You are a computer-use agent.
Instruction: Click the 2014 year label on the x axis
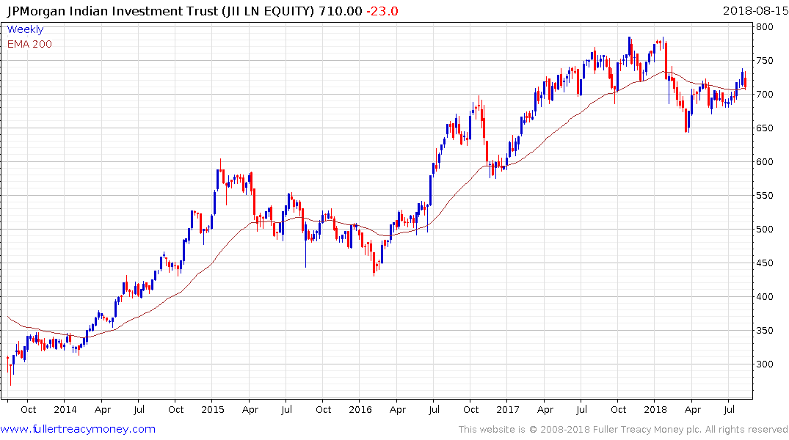click(x=65, y=409)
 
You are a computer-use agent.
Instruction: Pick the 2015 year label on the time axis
click(x=213, y=409)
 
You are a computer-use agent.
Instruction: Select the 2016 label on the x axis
click(x=360, y=409)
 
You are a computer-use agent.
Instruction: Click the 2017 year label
click(x=508, y=409)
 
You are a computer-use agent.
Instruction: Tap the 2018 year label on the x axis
click(x=655, y=409)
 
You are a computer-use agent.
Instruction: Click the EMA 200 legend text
click(x=29, y=44)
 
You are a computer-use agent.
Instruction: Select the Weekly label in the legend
click(x=25, y=30)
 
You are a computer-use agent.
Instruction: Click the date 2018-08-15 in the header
click(x=755, y=11)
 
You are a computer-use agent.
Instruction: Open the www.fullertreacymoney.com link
click(x=78, y=429)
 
